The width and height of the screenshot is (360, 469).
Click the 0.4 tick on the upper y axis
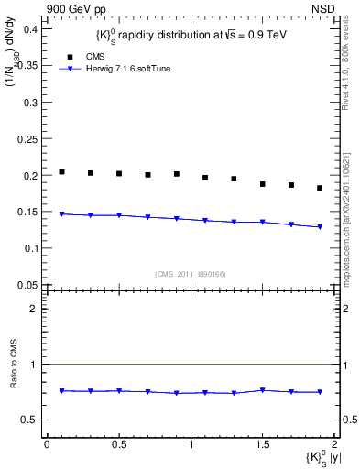tap(29, 29)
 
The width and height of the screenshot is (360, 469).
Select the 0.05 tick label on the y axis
tap(27, 284)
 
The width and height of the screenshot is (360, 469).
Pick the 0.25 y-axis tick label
tap(27, 138)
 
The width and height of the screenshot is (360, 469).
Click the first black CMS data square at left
tap(61, 171)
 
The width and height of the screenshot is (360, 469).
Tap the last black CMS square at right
tap(320, 188)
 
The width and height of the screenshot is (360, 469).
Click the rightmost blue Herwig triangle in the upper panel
tap(320, 227)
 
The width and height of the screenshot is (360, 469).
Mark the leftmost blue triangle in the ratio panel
tap(61, 391)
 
